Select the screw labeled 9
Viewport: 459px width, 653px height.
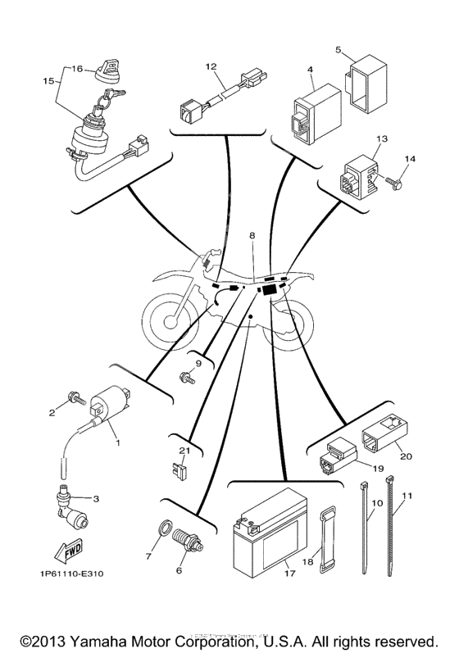tap(187, 378)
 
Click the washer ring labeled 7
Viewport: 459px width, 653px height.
tap(164, 528)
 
